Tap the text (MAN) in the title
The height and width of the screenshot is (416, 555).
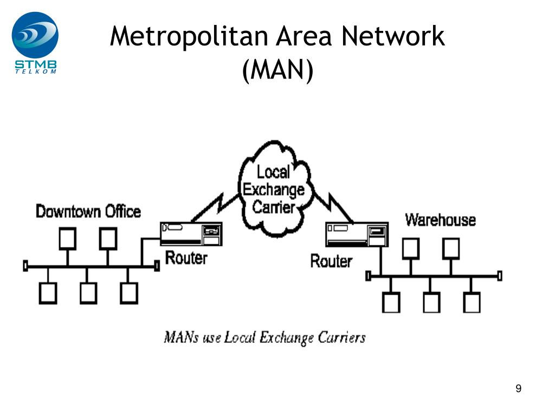[x=277, y=70]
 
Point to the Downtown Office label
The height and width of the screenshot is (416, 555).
[x=88, y=211]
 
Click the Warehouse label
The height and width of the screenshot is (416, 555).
[x=440, y=220]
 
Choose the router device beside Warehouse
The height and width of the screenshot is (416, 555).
[x=356, y=235]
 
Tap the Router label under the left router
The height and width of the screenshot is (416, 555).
[x=186, y=257]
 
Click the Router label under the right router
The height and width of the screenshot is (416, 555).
[x=331, y=261]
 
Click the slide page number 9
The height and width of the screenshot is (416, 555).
[x=519, y=388]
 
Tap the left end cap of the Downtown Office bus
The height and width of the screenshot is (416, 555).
[x=25, y=266]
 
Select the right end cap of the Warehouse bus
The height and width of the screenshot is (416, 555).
[x=499, y=276]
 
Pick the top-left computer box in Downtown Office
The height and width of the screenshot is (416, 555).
[x=68, y=238]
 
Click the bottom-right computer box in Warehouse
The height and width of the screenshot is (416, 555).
[x=471, y=302]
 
